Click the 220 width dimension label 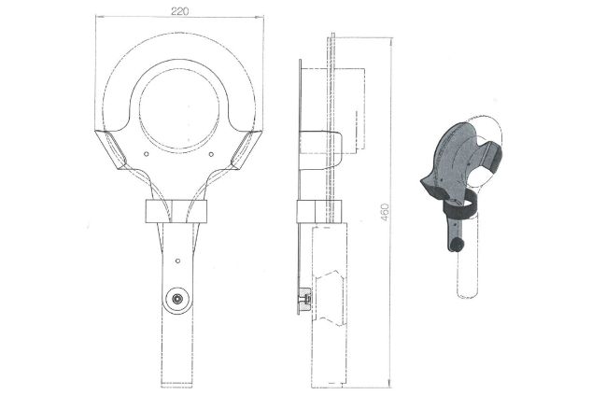pos(179,11)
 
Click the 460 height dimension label pos(384,212)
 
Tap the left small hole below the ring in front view pos(147,154)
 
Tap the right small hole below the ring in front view pos(211,154)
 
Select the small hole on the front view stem pos(177,261)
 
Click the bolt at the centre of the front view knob pos(176,299)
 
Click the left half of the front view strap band pos(159,211)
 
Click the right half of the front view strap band pos(190,211)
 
